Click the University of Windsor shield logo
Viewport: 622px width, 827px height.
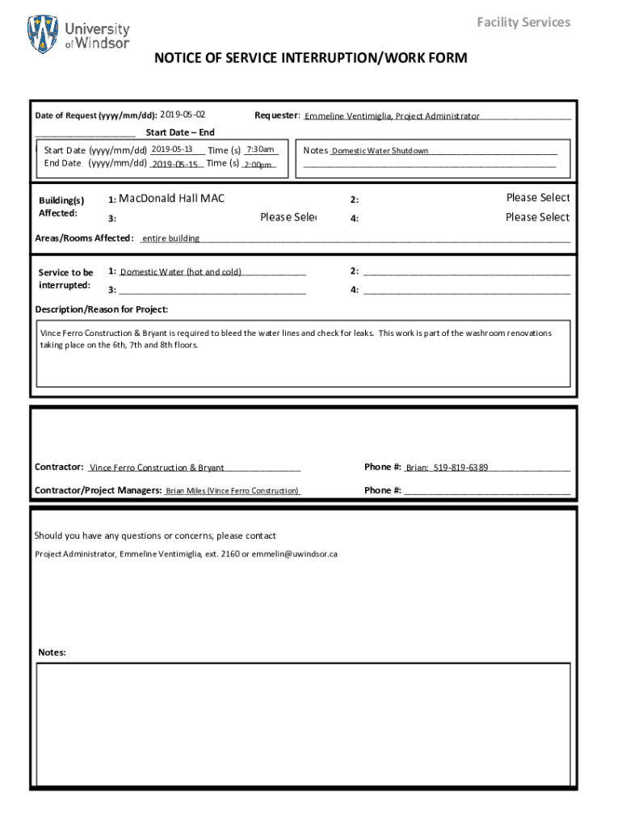[x=43, y=35]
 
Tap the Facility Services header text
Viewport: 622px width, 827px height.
[x=523, y=22]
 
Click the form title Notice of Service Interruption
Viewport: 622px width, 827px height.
[x=311, y=58]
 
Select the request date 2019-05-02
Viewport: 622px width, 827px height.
[x=183, y=115]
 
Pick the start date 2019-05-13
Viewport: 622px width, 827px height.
[x=172, y=149]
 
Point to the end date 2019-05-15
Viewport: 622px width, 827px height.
[x=174, y=164]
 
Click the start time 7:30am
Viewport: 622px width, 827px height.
[x=261, y=149]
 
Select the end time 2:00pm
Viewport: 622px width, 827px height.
[x=258, y=165]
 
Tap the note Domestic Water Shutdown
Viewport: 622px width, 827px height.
[x=380, y=151]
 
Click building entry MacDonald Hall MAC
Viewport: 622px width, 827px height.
[x=172, y=199]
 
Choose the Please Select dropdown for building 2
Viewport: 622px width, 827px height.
[x=537, y=198]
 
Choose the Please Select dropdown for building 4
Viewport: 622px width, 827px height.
[x=537, y=217]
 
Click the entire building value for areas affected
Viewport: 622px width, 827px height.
[x=171, y=238]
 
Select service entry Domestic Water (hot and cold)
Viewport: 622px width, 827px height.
[x=181, y=272]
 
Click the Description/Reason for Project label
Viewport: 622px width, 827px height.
[x=102, y=309]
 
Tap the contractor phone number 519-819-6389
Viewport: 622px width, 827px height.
[x=460, y=468]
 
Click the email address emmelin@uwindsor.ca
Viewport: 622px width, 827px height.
[x=299, y=554]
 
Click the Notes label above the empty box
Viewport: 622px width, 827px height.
[x=52, y=653]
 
